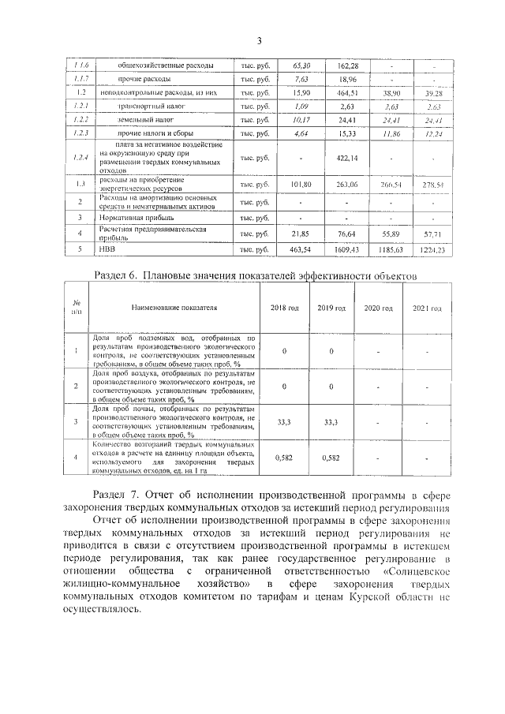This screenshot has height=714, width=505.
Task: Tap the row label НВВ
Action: pos(107,249)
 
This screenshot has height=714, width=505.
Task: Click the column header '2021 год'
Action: pos(427,308)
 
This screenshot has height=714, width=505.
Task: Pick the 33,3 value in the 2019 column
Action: pos(331,423)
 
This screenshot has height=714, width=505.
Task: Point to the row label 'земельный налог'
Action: pos(146,121)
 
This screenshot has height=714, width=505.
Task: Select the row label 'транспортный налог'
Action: pos(152,106)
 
